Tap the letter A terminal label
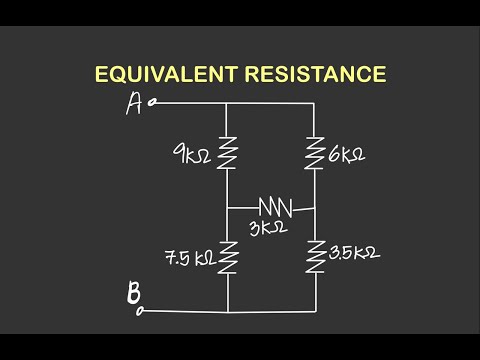click(134, 105)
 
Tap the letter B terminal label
click(133, 296)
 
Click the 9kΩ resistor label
click(191, 155)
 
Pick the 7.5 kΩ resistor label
click(190, 258)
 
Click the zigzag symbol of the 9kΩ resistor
click(228, 154)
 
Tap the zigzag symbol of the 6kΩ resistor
click(316, 152)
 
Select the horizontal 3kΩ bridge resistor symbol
click(275, 207)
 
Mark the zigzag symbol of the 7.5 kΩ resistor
click(228, 258)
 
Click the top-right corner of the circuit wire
click(316, 102)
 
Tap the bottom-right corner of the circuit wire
click(316, 310)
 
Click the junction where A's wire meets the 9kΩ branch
click(228, 102)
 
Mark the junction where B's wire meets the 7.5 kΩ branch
click(228, 310)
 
